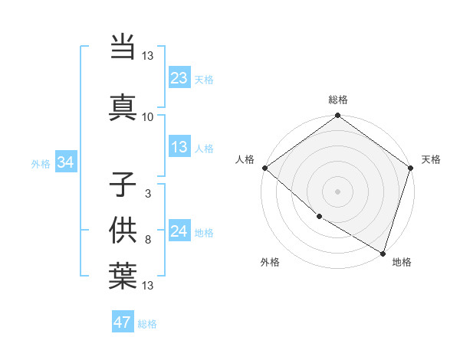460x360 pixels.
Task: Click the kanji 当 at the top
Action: click(x=123, y=48)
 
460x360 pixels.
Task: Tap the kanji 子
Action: click(x=123, y=184)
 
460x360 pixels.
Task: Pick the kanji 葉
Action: click(x=123, y=277)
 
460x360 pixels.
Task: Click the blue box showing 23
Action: click(x=179, y=77)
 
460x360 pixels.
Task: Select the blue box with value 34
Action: click(x=65, y=162)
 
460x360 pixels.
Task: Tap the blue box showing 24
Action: click(x=179, y=231)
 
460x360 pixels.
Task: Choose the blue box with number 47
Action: click(x=123, y=322)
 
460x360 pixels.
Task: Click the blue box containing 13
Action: click(x=179, y=147)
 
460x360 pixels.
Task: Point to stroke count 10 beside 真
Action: click(x=148, y=116)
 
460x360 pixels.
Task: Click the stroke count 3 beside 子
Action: click(x=148, y=194)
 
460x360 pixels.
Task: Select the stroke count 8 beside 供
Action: click(x=148, y=240)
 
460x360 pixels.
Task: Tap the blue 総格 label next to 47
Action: click(x=148, y=324)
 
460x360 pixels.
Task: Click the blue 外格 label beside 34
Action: click(x=41, y=163)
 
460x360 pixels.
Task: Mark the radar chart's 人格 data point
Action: click(x=264, y=168)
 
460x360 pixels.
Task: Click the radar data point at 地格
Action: click(x=383, y=253)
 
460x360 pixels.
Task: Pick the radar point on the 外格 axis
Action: click(x=318, y=217)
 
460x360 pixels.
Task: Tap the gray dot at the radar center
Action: click(x=337, y=191)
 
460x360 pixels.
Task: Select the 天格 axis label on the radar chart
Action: click(x=431, y=159)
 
